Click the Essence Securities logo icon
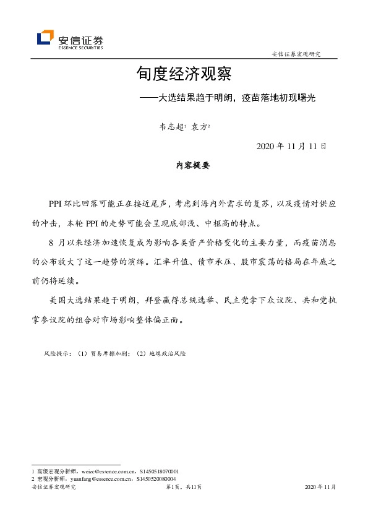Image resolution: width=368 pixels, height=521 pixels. tap(45, 38)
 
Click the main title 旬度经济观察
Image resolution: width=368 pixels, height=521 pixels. tap(184, 75)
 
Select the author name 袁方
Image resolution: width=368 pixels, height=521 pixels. tap(199, 127)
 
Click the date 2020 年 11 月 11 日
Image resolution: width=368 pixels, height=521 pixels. tap(286, 147)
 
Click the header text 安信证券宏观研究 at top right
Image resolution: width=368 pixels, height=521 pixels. tap(297, 54)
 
